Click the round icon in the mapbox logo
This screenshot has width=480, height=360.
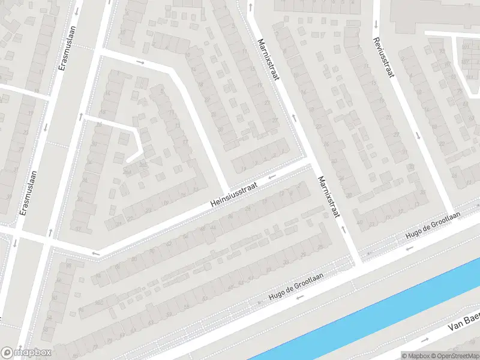pos(8,352)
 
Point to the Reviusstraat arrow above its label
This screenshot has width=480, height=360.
pos(376,25)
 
